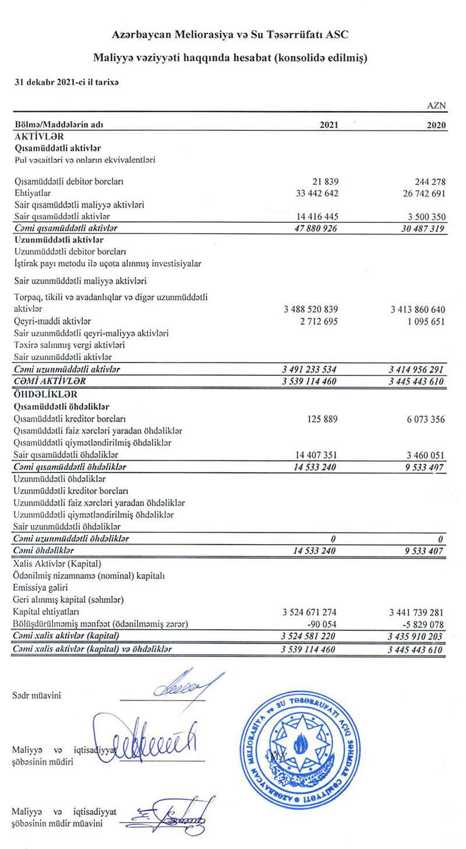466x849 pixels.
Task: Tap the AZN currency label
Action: pyautogui.click(x=436, y=106)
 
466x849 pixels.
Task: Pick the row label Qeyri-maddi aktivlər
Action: pyautogui.click(x=52, y=321)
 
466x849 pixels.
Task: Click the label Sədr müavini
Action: pyautogui.click(x=37, y=695)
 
